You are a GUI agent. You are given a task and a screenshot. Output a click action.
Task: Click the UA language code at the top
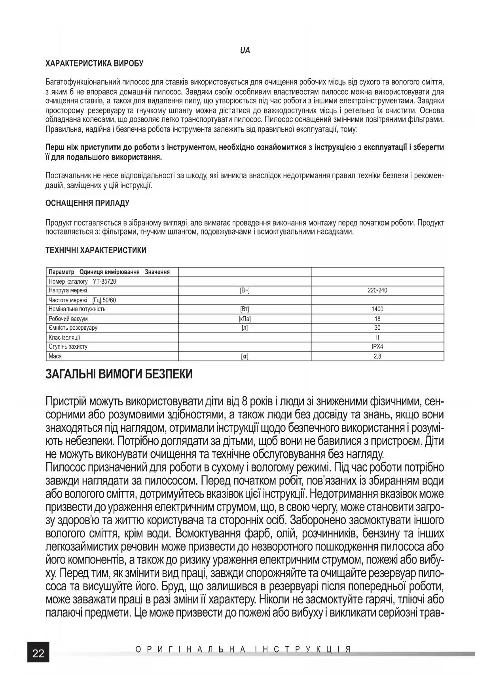click(245, 51)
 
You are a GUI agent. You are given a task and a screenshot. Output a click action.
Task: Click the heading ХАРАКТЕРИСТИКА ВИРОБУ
click(95, 63)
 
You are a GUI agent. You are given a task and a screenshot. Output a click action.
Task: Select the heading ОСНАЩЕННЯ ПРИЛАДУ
click(87, 203)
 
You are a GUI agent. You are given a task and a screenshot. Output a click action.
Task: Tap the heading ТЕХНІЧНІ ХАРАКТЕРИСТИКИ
click(96, 250)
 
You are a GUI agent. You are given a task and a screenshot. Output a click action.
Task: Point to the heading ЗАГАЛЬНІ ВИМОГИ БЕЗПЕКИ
click(119, 374)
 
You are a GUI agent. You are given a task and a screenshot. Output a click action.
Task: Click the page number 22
click(38, 653)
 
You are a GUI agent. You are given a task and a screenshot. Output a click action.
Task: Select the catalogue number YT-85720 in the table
click(104, 281)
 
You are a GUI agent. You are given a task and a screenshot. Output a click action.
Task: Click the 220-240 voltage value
click(377, 290)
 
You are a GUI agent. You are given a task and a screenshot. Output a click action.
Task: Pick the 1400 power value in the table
click(377, 309)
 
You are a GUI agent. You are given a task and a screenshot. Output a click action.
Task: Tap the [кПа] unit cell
click(245, 319)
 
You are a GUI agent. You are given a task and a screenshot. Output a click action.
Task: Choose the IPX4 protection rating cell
click(377, 347)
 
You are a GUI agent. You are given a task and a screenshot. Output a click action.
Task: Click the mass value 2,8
click(377, 356)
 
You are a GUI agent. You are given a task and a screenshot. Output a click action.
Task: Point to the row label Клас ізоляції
click(64, 338)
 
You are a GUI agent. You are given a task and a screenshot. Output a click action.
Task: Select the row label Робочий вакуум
click(68, 319)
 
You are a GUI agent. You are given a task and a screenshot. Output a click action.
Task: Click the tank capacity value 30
click(377, 328)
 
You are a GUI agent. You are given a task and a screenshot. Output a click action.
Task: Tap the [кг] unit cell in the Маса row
click(245, 356)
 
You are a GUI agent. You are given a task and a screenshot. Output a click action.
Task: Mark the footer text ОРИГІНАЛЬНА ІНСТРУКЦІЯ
click(243, 650)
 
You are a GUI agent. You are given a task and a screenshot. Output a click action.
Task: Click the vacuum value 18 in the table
click(377, 319)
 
